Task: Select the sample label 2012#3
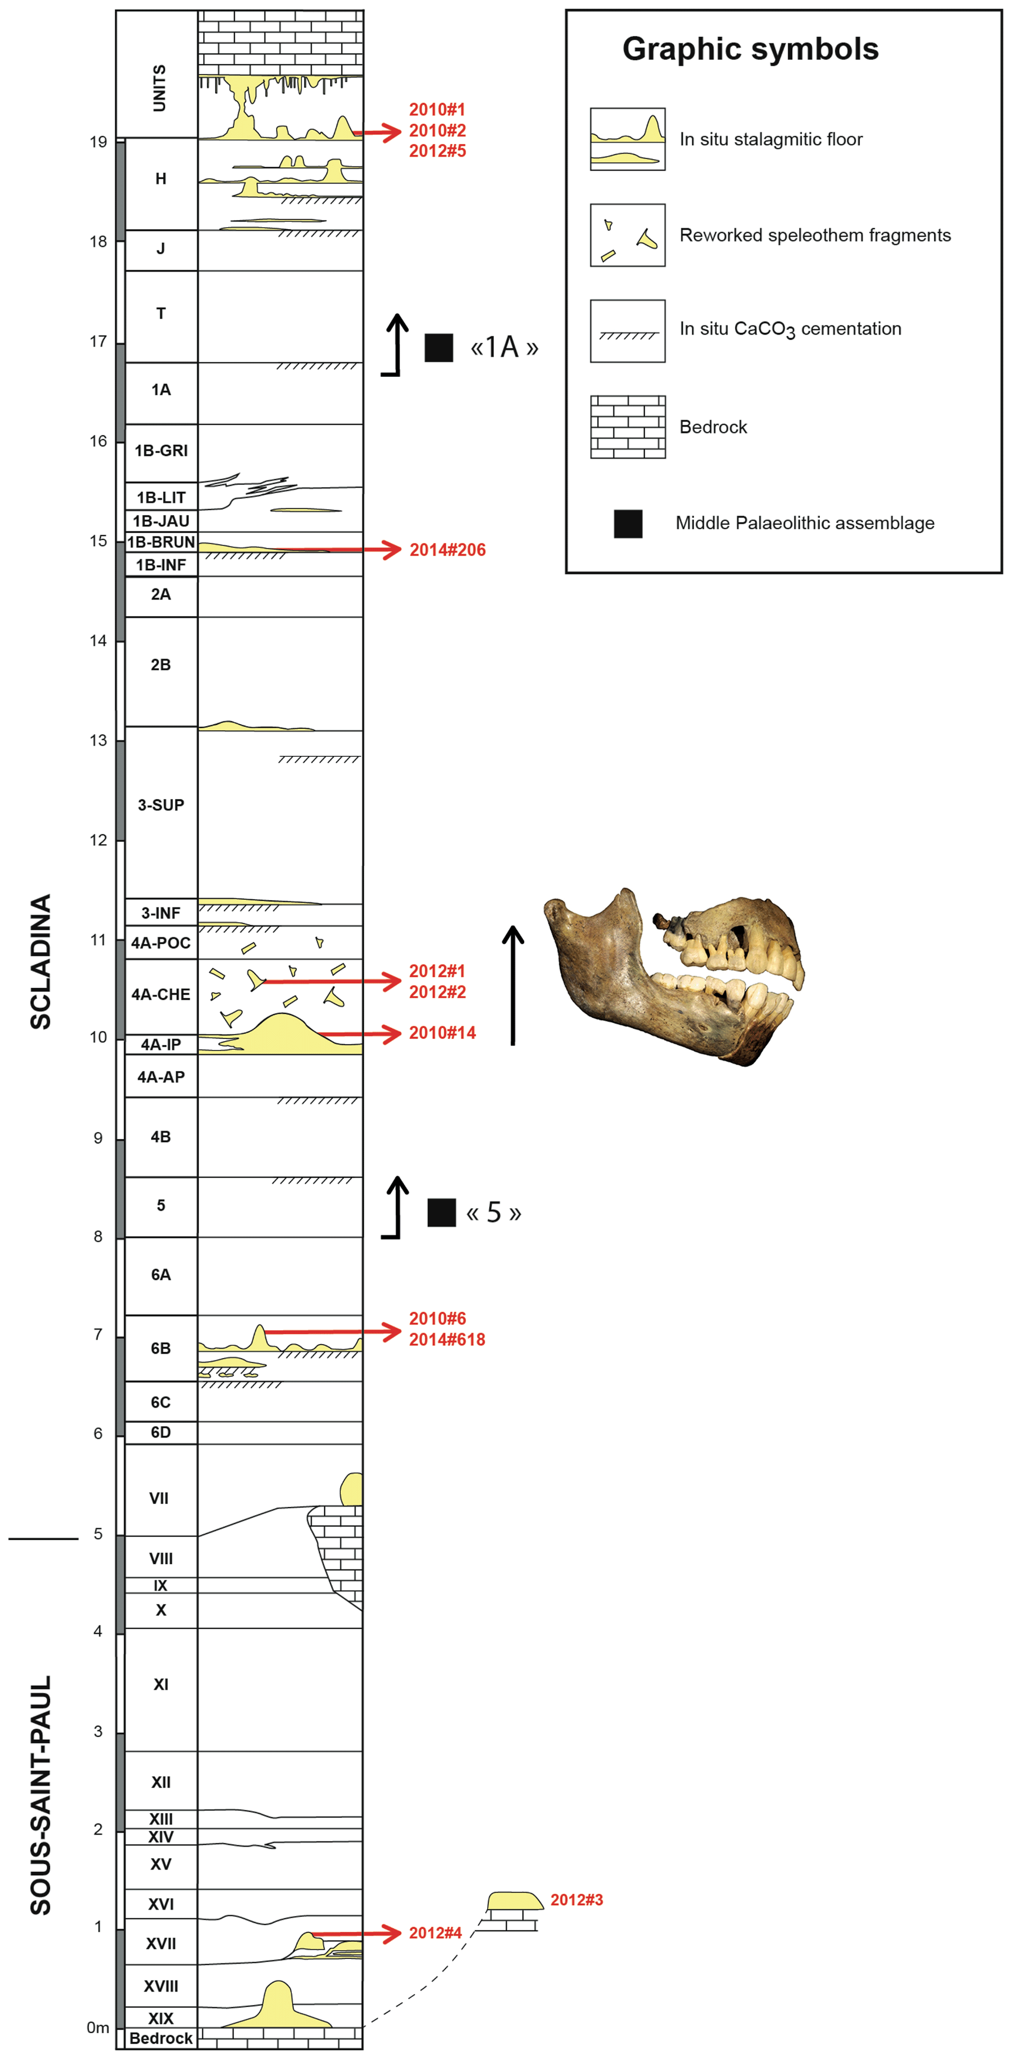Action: [576, 1899]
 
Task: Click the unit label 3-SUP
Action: [161, 805]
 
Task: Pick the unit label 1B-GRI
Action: [161, 450]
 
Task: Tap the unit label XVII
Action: [161, 1943]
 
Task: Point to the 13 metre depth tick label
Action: [98, 741]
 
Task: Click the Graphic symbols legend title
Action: [751, 49]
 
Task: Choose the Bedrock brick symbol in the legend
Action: [628, 427]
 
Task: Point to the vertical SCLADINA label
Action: [40, 961]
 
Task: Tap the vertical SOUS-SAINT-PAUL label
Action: [40, 1795]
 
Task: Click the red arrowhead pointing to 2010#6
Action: [391, 1332]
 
